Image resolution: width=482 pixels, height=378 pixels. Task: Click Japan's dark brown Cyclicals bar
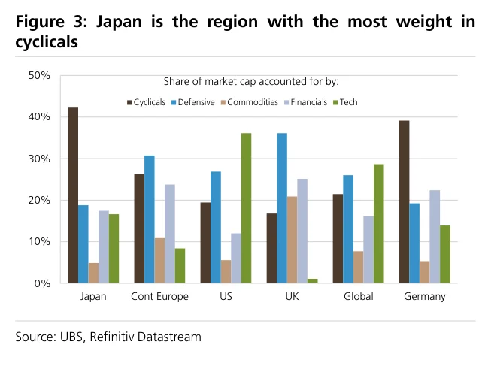coord(73,195)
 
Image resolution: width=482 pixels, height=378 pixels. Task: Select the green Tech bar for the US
coord(246,208)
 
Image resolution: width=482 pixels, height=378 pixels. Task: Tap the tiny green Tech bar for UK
coord(313,281)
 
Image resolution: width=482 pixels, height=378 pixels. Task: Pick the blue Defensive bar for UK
coord(282,208)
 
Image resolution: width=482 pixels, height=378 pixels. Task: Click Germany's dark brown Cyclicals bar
coord(405,202)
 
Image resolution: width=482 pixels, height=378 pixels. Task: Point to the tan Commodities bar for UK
coord(292,240)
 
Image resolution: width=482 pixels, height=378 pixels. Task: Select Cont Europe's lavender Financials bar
coord(170,234)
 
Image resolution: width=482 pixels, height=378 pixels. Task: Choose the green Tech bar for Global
coord(379,224)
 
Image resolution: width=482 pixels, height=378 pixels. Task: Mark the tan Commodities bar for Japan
coord(93,273)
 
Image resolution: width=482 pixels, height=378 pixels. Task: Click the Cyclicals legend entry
coord(147,102)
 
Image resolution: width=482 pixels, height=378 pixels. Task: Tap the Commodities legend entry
coord(250,102)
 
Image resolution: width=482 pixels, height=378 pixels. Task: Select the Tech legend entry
coord(345,102)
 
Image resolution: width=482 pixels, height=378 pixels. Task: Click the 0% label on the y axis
coord(42,283)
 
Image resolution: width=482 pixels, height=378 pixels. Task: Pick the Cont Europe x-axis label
coord(160,297)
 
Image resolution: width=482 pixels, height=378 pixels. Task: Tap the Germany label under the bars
coord(425,297)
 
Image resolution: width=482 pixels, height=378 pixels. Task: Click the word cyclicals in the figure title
coord(47,42)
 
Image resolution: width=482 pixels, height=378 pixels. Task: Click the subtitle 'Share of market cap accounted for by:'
coord(251,82)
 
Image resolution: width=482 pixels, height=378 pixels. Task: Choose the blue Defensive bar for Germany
coord(414,243)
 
